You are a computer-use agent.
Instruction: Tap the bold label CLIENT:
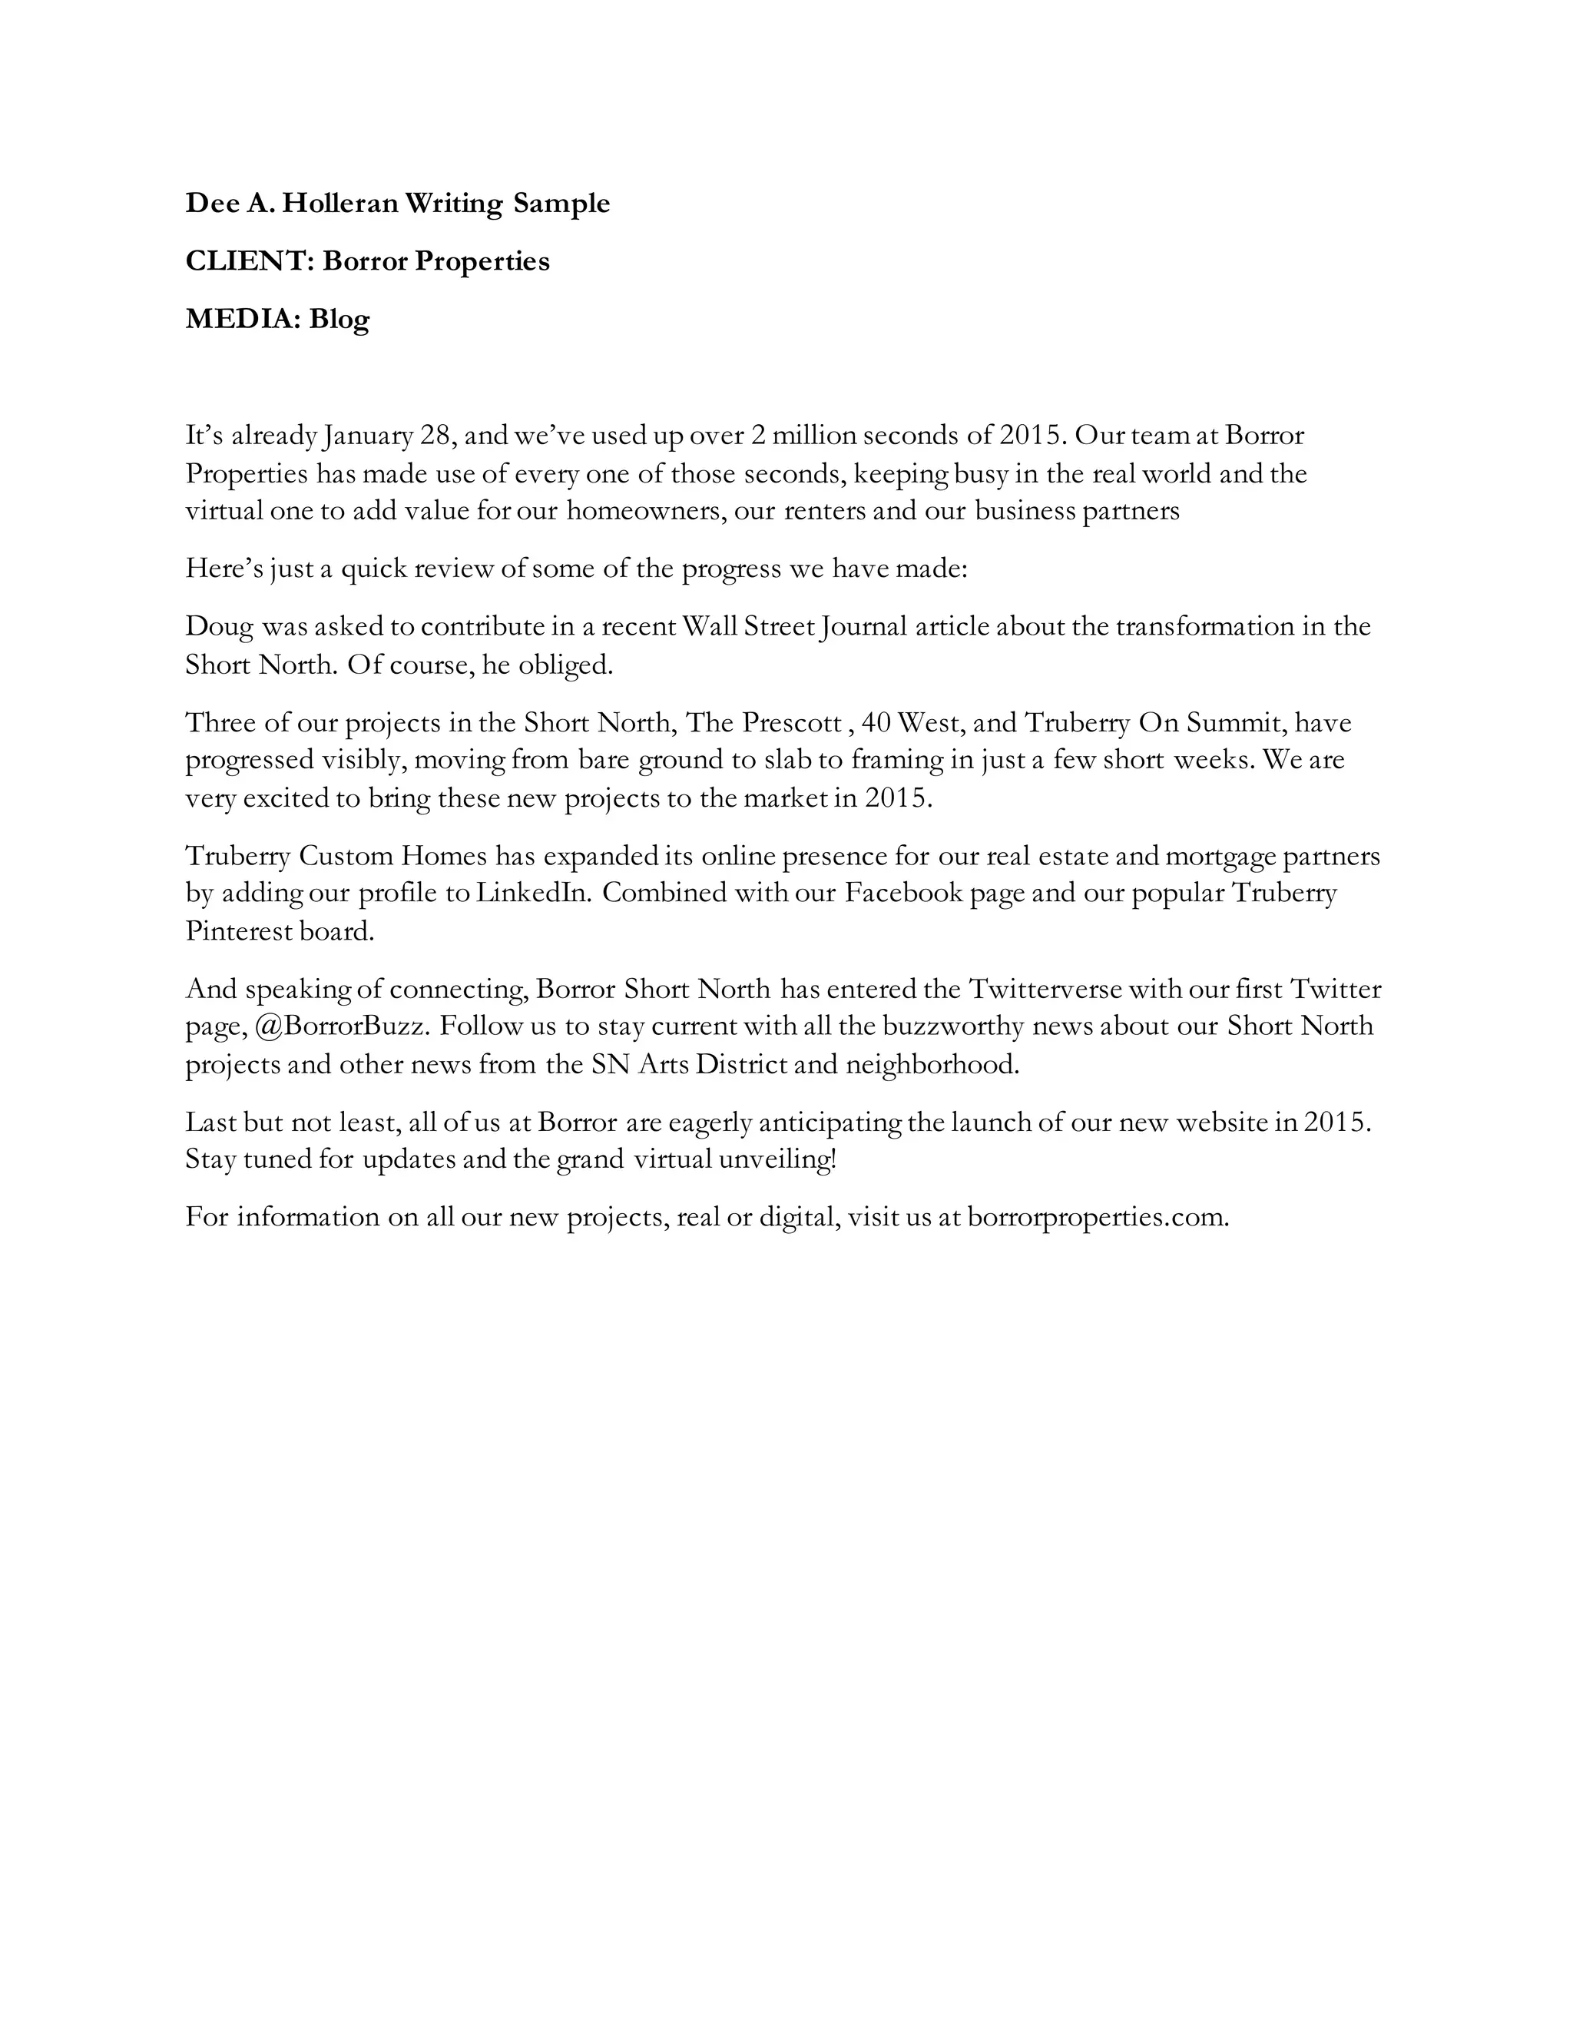coord(250,261)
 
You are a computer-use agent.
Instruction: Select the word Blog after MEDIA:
coord(339,320)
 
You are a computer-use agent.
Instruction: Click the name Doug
coord(219,626)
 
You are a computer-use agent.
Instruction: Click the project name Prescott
coord(791,722)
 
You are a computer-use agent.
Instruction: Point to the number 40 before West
coord(876,722)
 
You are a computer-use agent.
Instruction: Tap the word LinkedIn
coord(534,893)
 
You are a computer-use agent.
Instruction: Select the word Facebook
coord(903,893)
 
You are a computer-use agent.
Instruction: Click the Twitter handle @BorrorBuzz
coord(342,1026)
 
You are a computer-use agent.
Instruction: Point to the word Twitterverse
coord(1048,988)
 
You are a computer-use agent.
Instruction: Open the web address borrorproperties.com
coord(1098,1218)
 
